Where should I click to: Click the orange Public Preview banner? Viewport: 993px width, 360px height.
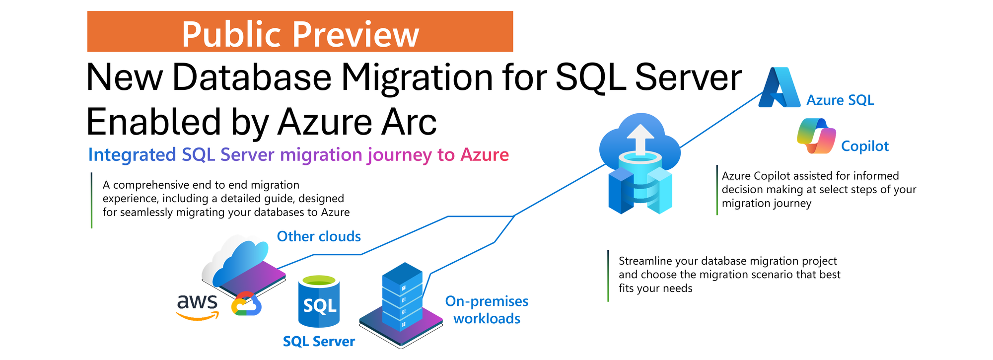[x=300, y=31]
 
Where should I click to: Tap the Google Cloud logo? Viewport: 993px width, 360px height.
[x=247, y=304]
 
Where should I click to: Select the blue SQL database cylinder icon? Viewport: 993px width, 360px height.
[x=319, y=301]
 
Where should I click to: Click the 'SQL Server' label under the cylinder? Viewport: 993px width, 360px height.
[x=319, y=342]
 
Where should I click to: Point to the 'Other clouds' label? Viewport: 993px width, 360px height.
[x=319, y=236]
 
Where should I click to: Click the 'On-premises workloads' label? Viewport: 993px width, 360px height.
[x=487, y=310]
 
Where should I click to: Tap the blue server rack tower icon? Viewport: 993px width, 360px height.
[x=402, y=296]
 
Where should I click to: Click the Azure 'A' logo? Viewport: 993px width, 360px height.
[x=780, y=87]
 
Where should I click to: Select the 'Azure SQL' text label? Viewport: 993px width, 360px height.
[x=840, y=100]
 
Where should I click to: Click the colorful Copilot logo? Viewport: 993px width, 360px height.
[x=816, y=136]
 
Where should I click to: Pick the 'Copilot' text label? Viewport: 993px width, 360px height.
[x=865, y=146]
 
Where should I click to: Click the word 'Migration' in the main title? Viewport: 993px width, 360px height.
[x=417, y=77]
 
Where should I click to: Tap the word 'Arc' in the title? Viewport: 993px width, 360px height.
[x=409, y=122]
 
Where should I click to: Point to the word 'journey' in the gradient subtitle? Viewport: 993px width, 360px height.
[x=400, y=155]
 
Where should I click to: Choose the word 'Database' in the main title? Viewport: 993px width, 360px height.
[x=252, y=77]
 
